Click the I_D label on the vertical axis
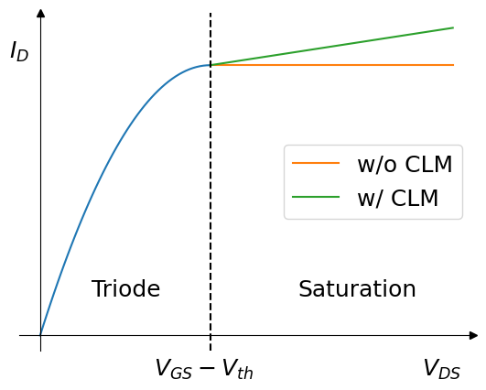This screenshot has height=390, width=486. point(19,52)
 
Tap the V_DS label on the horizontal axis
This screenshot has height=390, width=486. point(441,369)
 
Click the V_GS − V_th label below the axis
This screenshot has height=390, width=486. point(203,369)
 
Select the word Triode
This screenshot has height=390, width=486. point(125,289)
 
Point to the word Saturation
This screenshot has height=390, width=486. point(357,289)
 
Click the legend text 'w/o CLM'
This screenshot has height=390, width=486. point(404,165)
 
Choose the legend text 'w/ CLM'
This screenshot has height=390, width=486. point(397,198)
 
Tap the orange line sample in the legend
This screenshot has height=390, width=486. point(316,164)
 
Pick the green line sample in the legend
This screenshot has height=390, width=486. point(316,197)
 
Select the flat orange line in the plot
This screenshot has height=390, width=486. point(348,65)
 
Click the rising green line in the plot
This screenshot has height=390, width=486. point(348,44)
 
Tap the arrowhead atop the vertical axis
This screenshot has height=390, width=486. point(40,13)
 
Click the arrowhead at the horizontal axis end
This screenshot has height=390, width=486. point(473,336)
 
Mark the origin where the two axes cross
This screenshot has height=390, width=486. point(40,336)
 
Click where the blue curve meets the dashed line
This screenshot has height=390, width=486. point(211,65)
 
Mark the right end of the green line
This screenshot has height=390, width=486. point(453,27)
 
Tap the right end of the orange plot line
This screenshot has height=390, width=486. point(453,65)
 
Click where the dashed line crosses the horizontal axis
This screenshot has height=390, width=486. point(211,336)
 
